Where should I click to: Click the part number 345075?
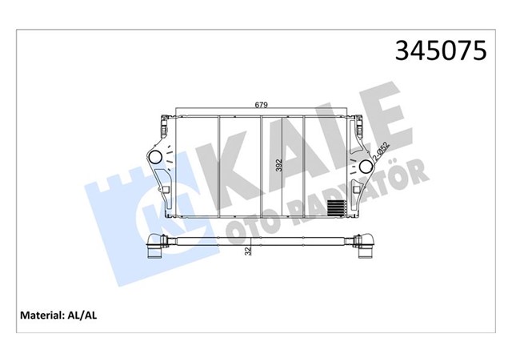click(x=439, y=52)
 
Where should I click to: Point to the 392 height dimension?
click(x=279, y=165)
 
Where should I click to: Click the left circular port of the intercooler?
click(x=156, y=155)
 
